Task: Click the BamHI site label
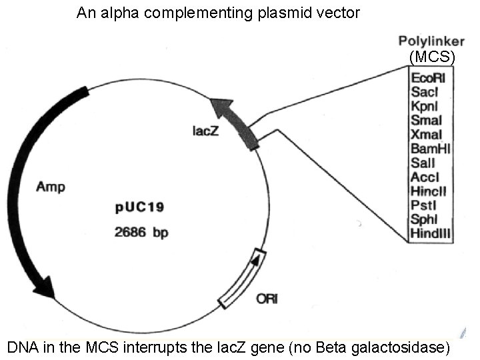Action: tap(431, 149)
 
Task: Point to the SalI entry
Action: tap(423, 163)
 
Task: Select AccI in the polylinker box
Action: tap(425, 177)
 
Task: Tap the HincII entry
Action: tap(427, 191)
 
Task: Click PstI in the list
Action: tap(423, 206)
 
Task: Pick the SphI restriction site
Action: tap(425, 220)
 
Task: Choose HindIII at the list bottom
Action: tap(429, 234)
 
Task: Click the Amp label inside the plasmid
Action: tap(50, 187)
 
